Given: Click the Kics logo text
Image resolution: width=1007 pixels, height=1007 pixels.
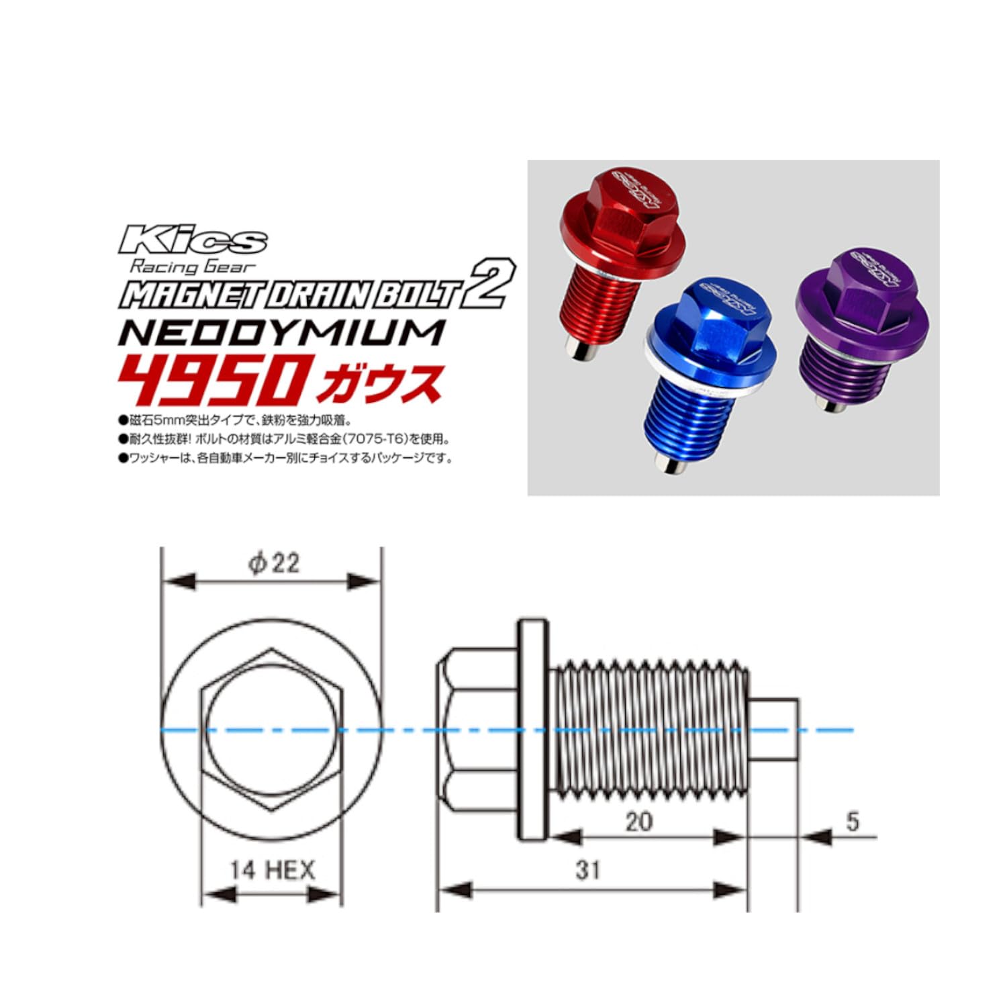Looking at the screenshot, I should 193,240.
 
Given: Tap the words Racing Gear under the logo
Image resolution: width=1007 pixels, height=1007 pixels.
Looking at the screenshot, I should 193,267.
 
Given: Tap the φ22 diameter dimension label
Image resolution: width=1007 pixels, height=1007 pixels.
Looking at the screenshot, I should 273,563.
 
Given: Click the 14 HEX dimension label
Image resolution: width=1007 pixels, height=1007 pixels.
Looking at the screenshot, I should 272,871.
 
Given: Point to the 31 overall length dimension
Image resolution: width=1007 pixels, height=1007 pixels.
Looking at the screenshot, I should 587,870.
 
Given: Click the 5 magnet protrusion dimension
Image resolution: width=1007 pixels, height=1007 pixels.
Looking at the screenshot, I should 852,821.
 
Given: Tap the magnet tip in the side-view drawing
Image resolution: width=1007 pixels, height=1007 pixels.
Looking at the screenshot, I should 773,729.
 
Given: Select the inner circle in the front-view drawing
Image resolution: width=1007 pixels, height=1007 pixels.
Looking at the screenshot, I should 272,729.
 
